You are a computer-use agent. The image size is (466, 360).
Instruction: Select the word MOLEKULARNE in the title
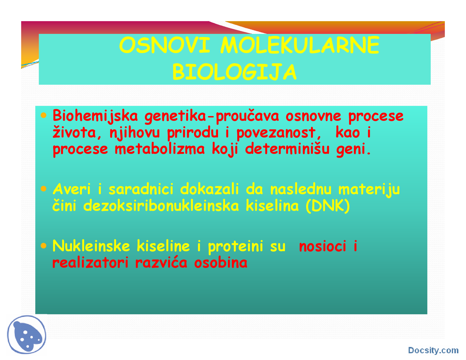tap(300, 46)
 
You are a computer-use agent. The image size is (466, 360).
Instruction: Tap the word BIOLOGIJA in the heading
tap(234, 72)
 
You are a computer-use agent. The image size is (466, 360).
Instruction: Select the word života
tap(75, 132)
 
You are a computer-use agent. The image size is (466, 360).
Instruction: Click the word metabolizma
tap(159, 149)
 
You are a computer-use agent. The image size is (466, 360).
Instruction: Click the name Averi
tap(72, 189)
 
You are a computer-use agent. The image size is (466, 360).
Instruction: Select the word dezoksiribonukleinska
tap(161, 206)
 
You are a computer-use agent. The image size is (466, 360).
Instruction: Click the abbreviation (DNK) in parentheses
tap(328, 206)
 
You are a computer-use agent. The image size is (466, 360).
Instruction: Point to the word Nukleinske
tap(91, 246)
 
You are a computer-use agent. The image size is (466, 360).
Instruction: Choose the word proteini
tap(235, 246)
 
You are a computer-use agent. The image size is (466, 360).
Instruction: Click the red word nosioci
tap(322, 246)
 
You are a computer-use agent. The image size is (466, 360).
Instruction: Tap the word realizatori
tap(90, 262)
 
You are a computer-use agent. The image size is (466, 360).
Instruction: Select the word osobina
tap(221, 262)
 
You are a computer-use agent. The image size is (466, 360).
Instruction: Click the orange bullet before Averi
tap(44, 189)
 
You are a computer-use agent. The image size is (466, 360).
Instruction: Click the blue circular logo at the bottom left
tap(27, 335)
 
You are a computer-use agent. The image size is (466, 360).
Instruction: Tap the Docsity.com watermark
tap(433, 350)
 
